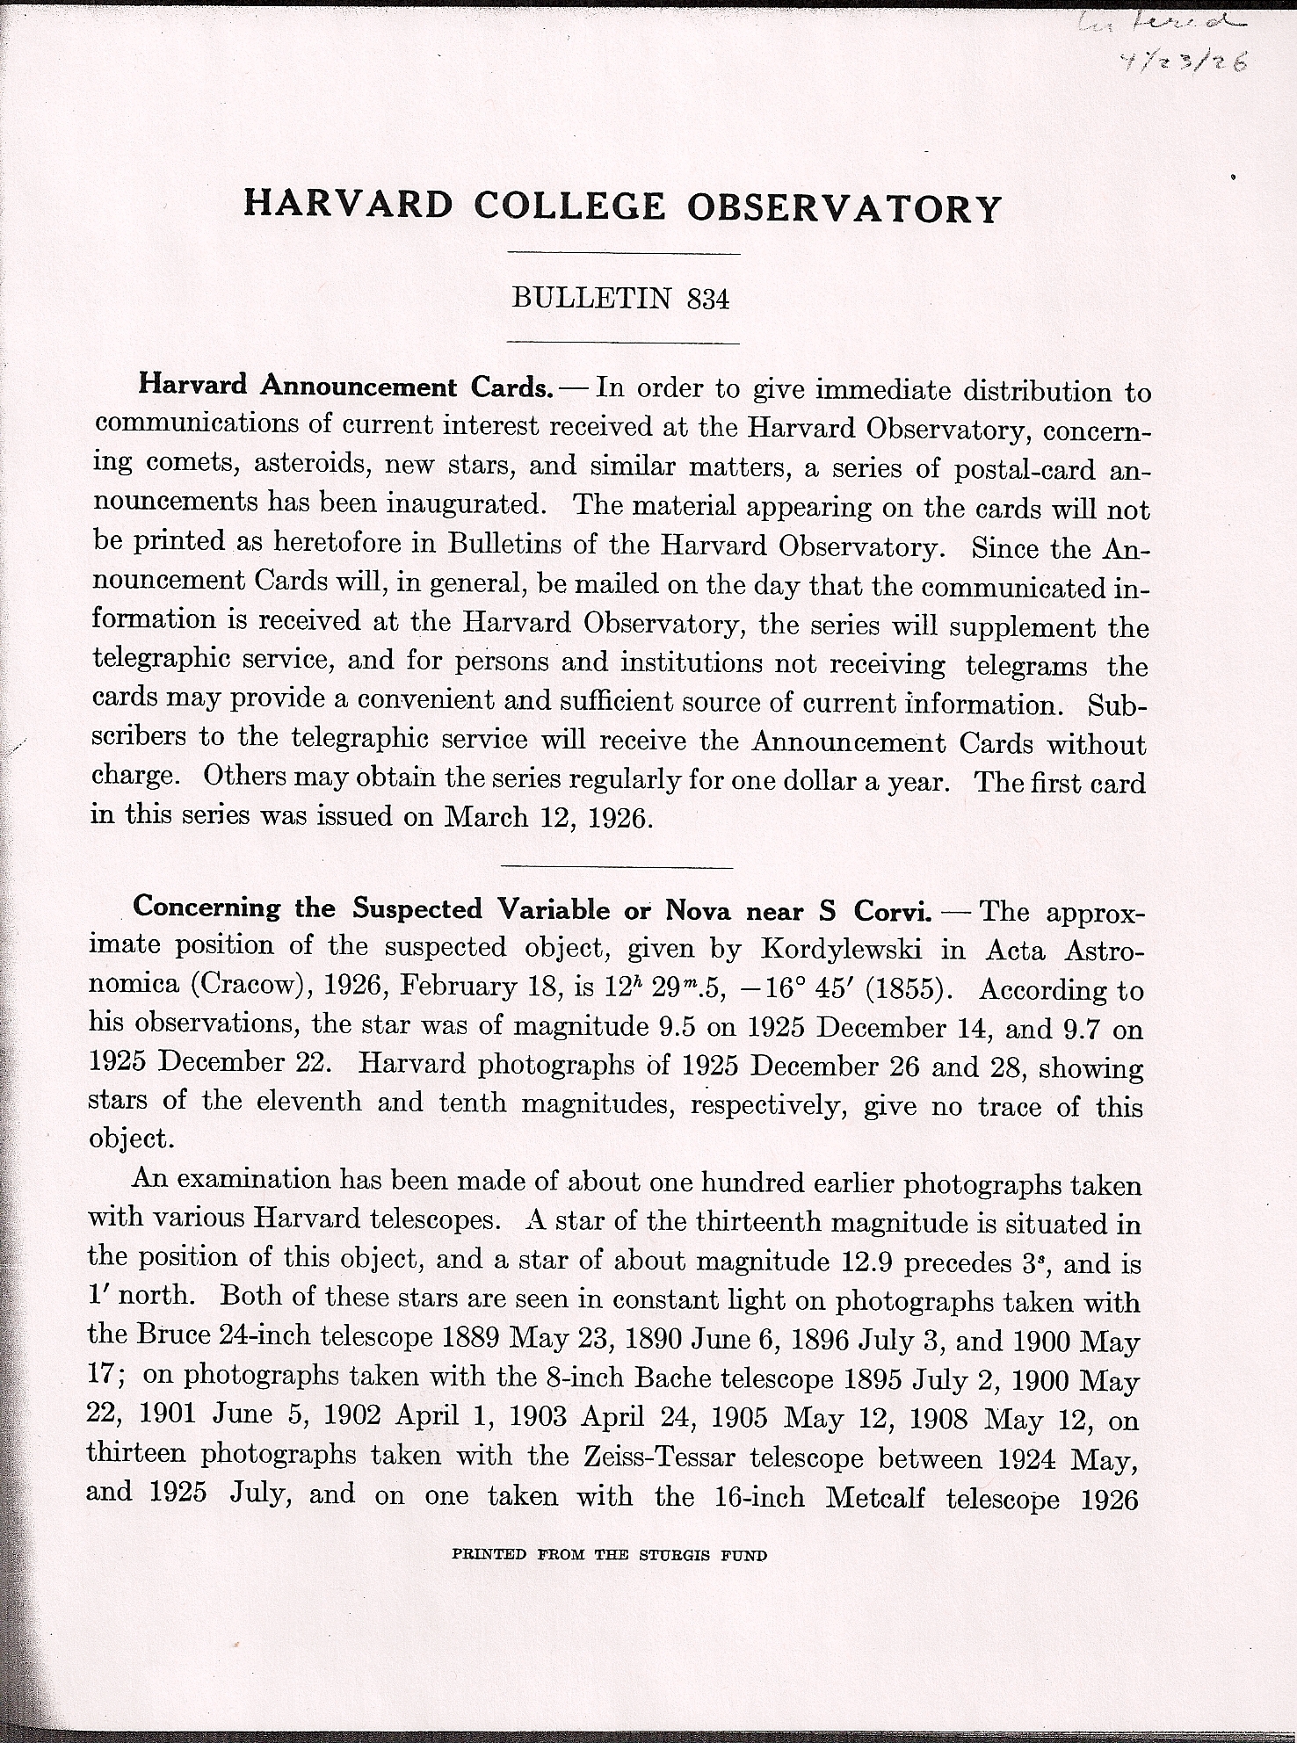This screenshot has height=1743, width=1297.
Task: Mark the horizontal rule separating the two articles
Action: point(615,868)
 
